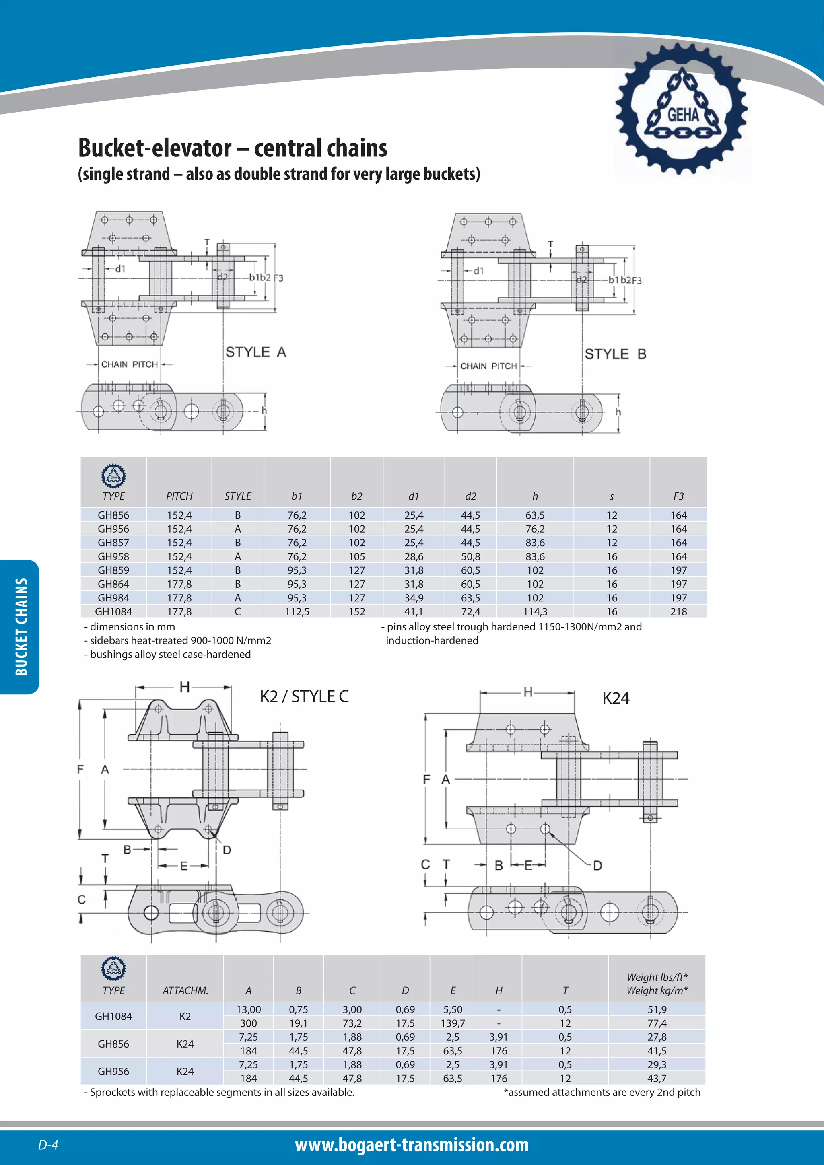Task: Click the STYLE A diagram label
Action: pyautogui.click(x=256, y=352)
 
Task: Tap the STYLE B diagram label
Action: pyautogui.click(x=615, y=354)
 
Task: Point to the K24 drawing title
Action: pyautogui.click(x=616, y=698)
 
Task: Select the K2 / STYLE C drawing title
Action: pyautogui.click(x=304, y=696)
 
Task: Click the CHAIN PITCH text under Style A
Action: pyautogui.click(x=130, y=364)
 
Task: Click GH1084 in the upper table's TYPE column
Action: pyautogui.click(x=113, y=611)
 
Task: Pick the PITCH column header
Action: pyautogui.click(x=179, y=496)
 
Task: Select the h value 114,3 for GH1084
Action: pyautogui.click(x=535, y=611)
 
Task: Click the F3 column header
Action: pyautogui.click(x=678, y=496)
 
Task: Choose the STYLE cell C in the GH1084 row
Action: pyautogui.click(x=237, y=611)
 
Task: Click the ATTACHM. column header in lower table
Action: pyautogui.click(x=185, y=990)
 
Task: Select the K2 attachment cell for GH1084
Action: pyautogui.click(x=185, y=1016)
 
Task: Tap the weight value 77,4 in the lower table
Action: pyautogui.click(x=657, y=1023)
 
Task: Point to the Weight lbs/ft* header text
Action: pyautogui.click(x=657, y=977)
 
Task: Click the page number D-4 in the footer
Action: pyautogui.click(x=48, y=1145)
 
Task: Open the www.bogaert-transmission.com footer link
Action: pyautogui.click(x=412, y=1145)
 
